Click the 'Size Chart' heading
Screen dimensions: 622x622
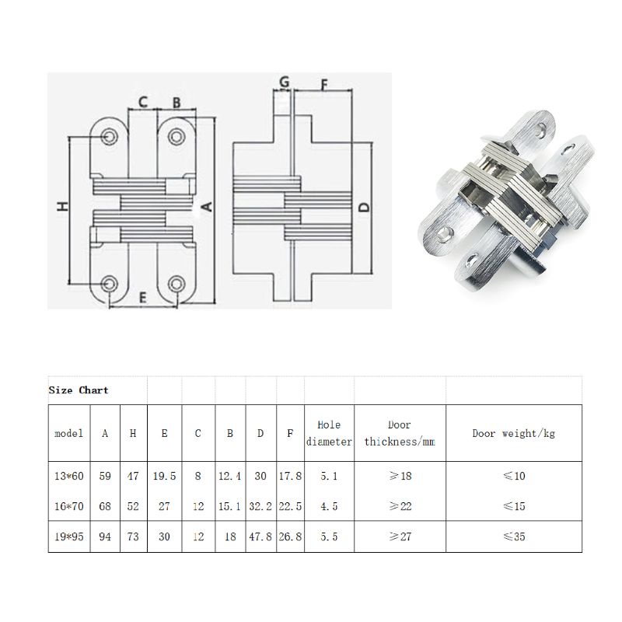click(x=79, y=390)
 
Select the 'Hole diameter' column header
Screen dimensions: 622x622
click(x=329, y=433)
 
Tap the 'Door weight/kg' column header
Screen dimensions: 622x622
click(x=514, y=433)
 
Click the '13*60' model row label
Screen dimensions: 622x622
click(x=69, y=476)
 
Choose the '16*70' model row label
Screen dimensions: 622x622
click(x=69, y=506)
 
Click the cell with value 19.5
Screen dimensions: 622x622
click(x=164, y=476)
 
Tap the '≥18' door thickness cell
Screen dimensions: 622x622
click(x=399, y=476)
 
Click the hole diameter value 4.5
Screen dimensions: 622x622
click(x=329, y=506)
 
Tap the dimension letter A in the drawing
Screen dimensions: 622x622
click(x=207, y=206)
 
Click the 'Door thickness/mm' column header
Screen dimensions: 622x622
click(x=399, y=433)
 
